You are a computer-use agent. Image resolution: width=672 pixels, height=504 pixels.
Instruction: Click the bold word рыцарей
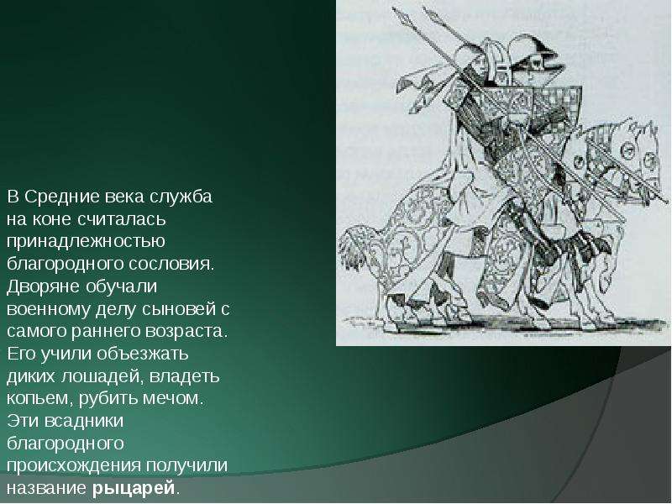(x=134, y=488)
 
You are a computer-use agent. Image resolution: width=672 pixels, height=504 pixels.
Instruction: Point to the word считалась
(x=122, y=219)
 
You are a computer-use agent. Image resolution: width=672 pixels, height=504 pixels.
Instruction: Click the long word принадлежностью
(x=86, y=242)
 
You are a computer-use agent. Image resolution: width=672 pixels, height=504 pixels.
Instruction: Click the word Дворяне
(x=44, y=286)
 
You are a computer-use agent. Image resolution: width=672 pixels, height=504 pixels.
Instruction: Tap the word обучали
(x=121, y=286)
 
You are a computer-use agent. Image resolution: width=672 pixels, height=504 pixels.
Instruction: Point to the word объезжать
(x=142, y=354)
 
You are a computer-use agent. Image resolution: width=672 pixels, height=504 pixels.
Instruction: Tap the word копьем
(x=39, y=398)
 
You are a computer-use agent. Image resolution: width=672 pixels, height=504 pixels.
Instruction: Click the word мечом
(x=172, y=398)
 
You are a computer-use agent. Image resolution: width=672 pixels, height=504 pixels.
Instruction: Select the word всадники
(x=84, y=421)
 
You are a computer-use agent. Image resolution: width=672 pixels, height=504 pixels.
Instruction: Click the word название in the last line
(x=46, y=488)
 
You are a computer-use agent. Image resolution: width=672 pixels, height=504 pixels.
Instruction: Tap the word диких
(x=31, y=376)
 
